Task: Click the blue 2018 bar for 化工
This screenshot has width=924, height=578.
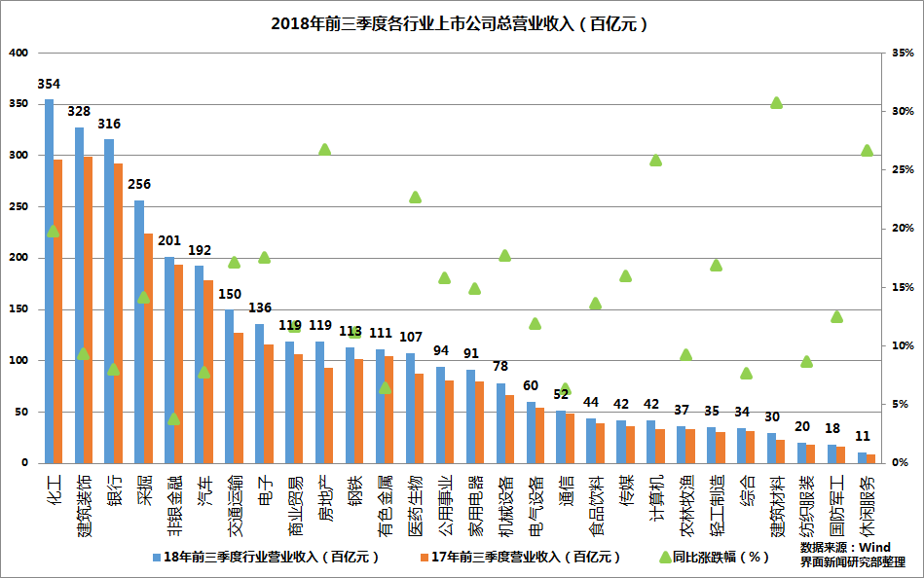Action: pyautogui.click(x=49, y=281)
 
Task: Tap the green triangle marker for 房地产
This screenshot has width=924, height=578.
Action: pyautogui.click(x=325, y=149)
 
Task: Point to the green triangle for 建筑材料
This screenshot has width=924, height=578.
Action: pyautogui.click(x=776, y=102)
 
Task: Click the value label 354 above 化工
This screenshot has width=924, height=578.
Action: pyautogui.click(x=49, y=85)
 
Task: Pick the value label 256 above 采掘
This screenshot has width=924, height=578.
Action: pyautogui.click(x=139, y=185)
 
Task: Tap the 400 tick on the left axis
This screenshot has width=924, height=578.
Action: pyautogui.click(x=18, y=53)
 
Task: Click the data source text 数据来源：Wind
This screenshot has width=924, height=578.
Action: pyautogui.click(x=845, y=547)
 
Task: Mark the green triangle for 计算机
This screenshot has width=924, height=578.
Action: pyautogui.click(x=655, y=160)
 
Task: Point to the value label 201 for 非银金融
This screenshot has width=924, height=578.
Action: pyautogui.click(x=169, y=241)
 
